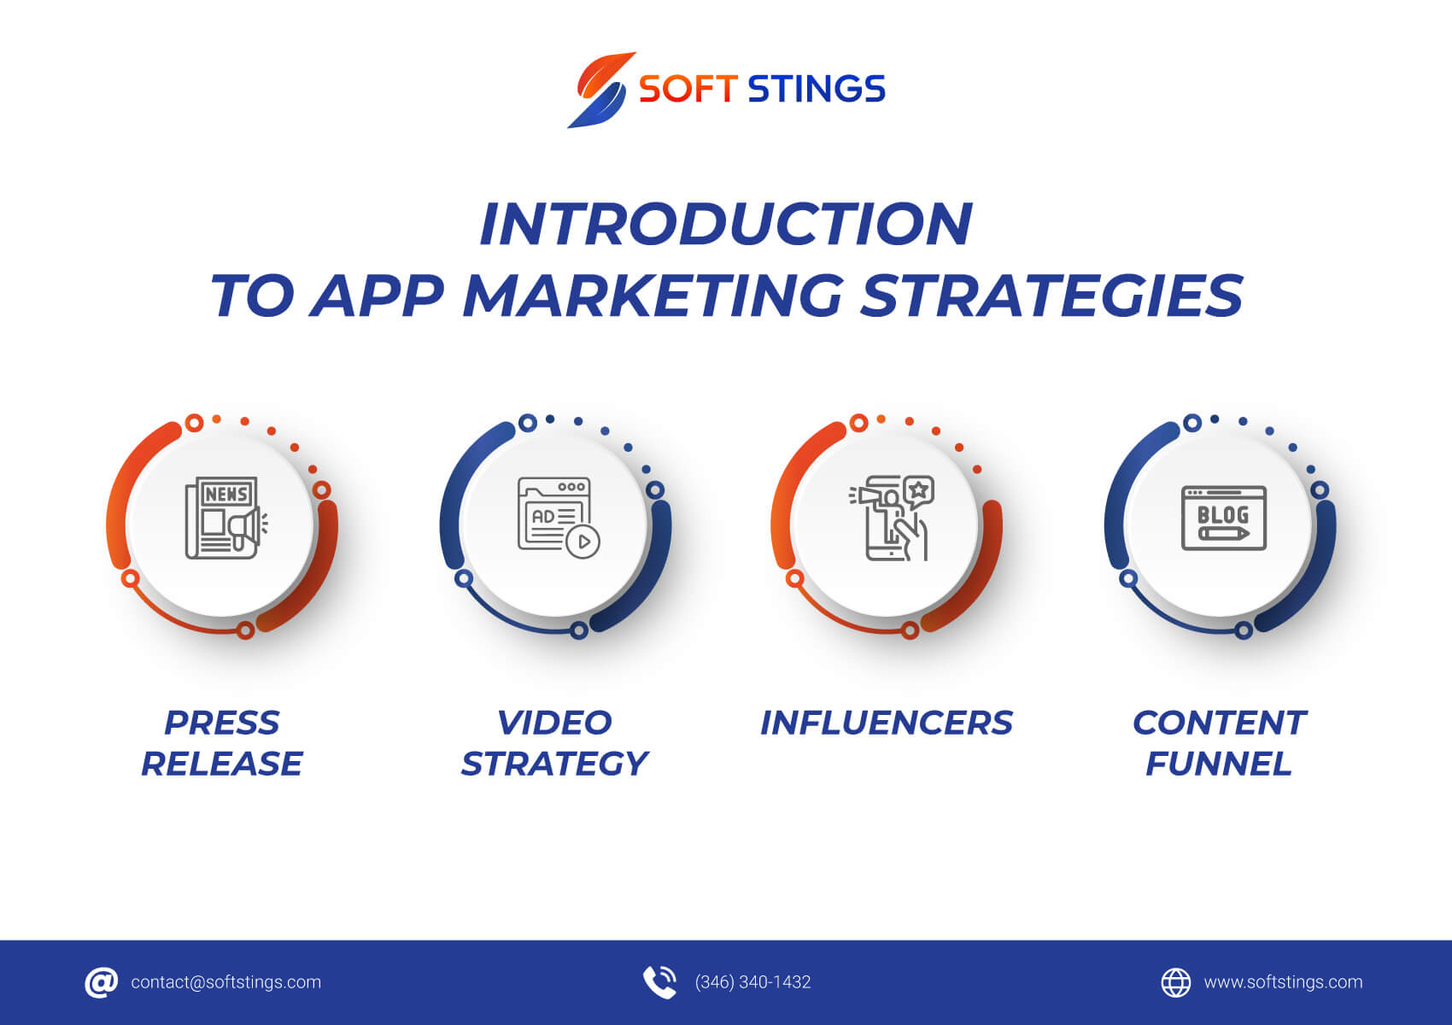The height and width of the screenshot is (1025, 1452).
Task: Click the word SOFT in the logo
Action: [x=688, y=89]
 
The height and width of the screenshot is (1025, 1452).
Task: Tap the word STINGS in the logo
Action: [x=817, y=89]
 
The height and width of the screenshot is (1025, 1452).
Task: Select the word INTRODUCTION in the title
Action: [x=726, y=224]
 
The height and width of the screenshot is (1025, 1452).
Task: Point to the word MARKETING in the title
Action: [x=653, y=296]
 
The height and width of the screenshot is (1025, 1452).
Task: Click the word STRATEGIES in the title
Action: [x=1051, y=296]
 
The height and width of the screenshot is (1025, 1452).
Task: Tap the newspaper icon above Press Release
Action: [x=226, y=518]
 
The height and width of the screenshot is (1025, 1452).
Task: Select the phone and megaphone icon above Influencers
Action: [x=892, y=518]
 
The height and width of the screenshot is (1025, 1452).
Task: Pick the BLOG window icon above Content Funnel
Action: [x=1224, y=518]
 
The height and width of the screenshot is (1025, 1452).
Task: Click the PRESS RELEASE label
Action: [x=222, y=743]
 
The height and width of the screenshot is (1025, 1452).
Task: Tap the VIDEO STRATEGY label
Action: [x=554, y=743]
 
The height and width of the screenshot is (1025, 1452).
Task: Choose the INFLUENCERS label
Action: [x=886, y=723]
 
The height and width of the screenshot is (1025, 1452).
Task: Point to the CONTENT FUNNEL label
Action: [x=1220, y=743]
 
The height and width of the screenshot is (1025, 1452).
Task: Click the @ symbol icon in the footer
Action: [x=101, y=982]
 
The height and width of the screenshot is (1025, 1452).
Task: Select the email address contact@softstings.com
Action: [x=225, y=982]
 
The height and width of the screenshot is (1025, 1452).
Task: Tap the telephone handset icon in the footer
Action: [x=660, y=982]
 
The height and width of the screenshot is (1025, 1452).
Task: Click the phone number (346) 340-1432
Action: [x=752, y=982]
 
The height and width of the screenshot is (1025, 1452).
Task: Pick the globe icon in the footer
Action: [x=1176, y=982]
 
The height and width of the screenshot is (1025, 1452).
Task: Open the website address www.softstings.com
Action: [x=1284, y=982]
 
